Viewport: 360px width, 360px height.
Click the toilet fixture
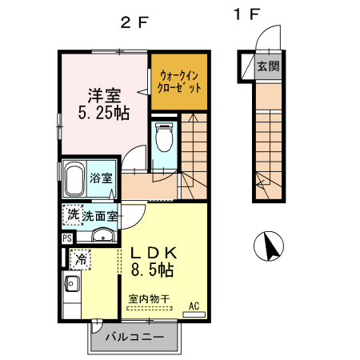[x=164, y=140]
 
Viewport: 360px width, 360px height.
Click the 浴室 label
[x=101, y=178]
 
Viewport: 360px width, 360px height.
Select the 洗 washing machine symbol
[x=73, y=214]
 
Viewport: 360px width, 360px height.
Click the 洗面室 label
[x=101, y=215]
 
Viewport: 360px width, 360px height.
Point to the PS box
[x=66, y=238]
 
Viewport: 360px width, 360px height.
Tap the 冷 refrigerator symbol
[x=80, y=259]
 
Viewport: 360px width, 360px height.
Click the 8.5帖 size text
[x=153, y=270]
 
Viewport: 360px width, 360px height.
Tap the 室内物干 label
[x=149, y=299]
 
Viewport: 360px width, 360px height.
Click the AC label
[x=194, y=305]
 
